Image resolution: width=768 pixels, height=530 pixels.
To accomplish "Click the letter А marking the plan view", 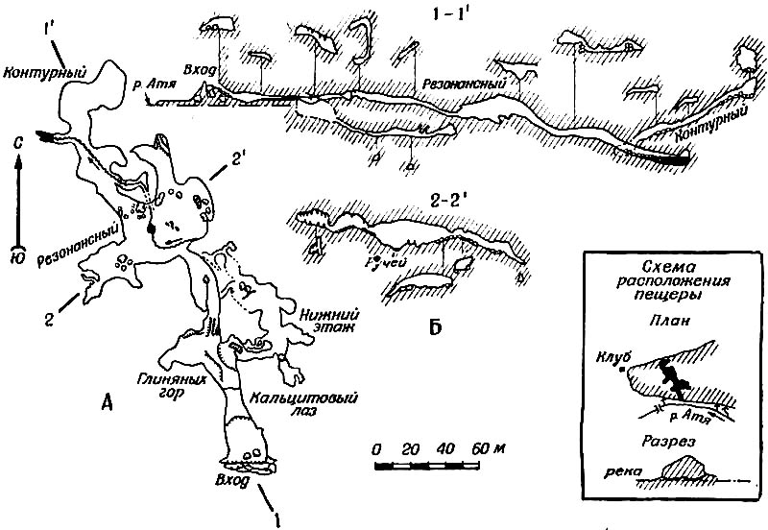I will pyautogui.click(x=108, y=403).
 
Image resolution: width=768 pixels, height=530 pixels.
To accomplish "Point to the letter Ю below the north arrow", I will pyautogui.click(x=18, y=257).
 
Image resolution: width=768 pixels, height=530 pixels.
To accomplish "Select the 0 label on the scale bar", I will pyautogui.click(x=376, y=449).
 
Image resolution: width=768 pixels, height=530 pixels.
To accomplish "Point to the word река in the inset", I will pyautogui.click(x=611, y=473).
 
